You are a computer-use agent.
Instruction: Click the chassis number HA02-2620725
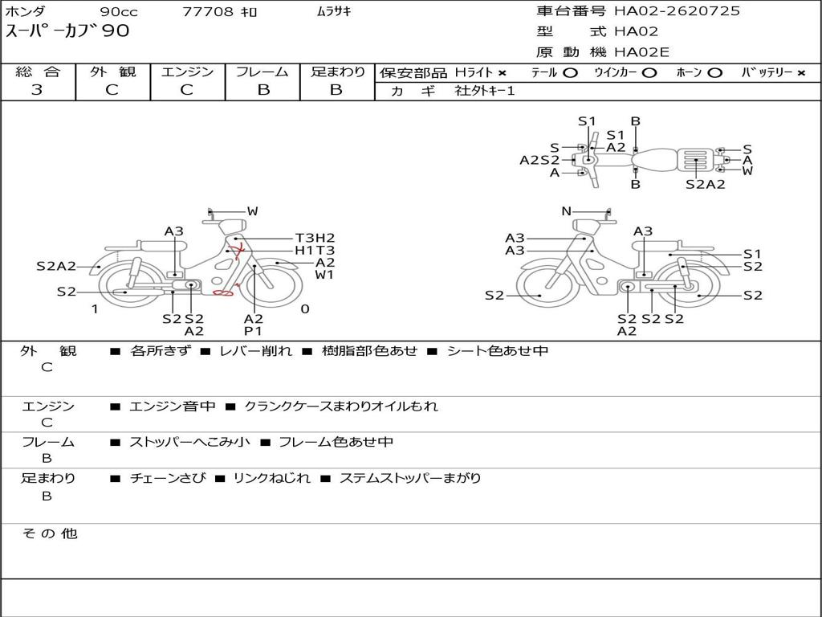pos(677,11)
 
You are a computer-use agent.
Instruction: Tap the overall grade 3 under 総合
pos(37,90)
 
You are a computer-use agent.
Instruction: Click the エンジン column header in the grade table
pos(187,72)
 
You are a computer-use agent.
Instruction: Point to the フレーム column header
pos(262,72)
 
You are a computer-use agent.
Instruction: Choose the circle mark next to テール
pos(570,73)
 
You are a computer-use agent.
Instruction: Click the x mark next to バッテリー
pos(801,73)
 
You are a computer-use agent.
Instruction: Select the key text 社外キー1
pos(485,91)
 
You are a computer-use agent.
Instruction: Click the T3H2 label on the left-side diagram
pos(315,238)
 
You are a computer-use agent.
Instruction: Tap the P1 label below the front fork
pos(253,331)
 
